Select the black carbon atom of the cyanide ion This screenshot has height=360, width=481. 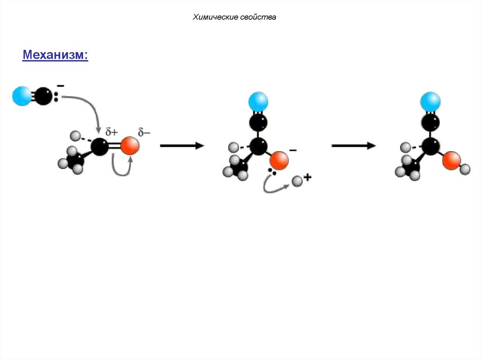click(x=43, y=96)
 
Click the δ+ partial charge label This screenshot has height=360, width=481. click(x=111, y=133)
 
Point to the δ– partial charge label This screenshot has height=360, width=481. click(x=144, y=132)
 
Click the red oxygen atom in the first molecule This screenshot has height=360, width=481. click(x=130, y=146)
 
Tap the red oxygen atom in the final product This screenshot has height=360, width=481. click(x=451, y=161)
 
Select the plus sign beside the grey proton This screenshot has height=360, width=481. click(x=308, y=177)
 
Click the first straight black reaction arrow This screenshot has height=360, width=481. click(x=182, y=146)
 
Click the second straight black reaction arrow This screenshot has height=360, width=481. click(x=353, y=146)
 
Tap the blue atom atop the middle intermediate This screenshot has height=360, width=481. click(x=258, y=101)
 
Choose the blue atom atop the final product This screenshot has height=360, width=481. click(x=430, y=101)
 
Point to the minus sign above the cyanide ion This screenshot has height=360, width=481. click(x=61, y=86)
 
